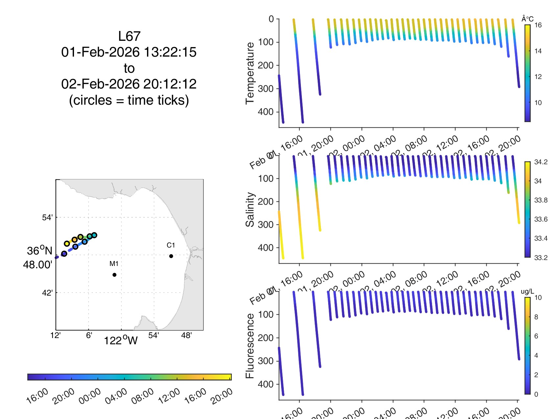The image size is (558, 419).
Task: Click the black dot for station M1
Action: [x=114, y=275]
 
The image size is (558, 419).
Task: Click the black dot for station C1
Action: [x=171, y=256]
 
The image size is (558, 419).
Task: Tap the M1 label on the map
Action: [x=114, y=264]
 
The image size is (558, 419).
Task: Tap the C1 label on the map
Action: [x=171, y=245]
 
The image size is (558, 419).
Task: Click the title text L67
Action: [x=129, y=36]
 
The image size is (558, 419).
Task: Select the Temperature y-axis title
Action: [x=250, y=73]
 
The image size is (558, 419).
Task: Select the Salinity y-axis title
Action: [x=250, y=210]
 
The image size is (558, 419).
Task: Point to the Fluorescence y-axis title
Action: [x=250, y=346]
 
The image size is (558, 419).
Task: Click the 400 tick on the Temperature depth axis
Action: [x=266, y=112]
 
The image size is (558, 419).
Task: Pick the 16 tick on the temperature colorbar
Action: [x=538, y=25]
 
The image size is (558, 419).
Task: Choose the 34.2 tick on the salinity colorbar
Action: [x=541, y=162]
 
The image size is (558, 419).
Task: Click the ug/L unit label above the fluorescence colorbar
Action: [x=527, y=292]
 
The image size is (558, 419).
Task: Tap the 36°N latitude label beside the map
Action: [x=39, y=251]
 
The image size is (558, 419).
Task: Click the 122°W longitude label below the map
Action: [x=121, y=340]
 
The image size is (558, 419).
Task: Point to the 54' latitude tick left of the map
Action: [x=47, y=218]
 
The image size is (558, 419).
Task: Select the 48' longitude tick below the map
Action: [x=186, y=335]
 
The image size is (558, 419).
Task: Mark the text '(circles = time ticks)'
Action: [x=129, y=100]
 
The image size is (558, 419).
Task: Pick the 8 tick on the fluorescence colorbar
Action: [x=536, y=317]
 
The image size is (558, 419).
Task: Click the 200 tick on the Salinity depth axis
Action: [x=266, y=201]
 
